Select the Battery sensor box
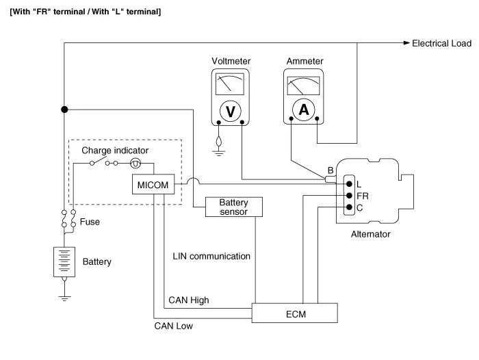click(233, 207)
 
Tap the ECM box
click(296, 313)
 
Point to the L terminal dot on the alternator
click(349, 183)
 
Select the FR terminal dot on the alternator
click(349, 195)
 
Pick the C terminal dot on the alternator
click(349, 207)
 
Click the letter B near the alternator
click(331, 170)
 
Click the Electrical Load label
click(441, 43)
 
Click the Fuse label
click(90, 222)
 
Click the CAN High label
click(188, 300)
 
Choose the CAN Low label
click(174, 326)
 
